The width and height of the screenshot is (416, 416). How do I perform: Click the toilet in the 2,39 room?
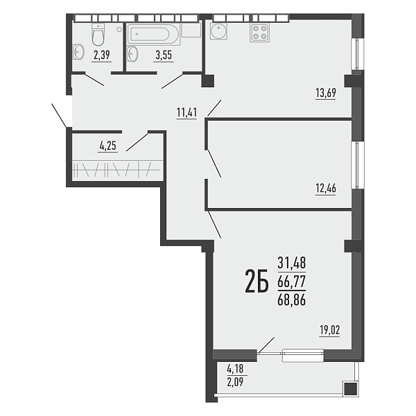pyautogui.click(x=98, y=35)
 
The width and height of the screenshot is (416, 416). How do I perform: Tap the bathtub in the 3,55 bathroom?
pyautogui.click(x=154, y=34)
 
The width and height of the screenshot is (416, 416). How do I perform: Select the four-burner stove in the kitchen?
pyautogui.click(x=259, y=33)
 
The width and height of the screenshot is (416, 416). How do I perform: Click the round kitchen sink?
pyautogui.click(x=218, y=31)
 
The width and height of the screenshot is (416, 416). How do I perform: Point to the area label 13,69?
pyautogui.click(x=326, y=93)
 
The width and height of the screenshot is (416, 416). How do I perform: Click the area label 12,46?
pyautogui.click(x=326, y=189)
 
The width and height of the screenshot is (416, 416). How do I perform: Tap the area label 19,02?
pyautogui.click(x=329, y=331)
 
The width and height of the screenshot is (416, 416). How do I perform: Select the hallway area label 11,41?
pyautogui.click(x=187, y=112)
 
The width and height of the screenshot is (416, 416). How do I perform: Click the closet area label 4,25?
pyautogui.click(x=108, y=146)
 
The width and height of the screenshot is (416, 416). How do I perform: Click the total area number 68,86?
pyautogui.click(x=292, y=300)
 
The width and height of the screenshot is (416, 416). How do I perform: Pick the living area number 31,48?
pyautogui.click(x=292, y=263)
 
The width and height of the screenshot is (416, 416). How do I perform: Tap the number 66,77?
pyautogui.click(x=292, y=281)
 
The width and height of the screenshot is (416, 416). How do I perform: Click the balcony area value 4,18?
pyautogui.click(x=235, y=368)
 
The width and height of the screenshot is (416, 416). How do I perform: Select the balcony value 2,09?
pyautogui.click(x=235, y=382)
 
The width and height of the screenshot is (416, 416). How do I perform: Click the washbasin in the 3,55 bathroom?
pyautogui.click(x=132, y=54)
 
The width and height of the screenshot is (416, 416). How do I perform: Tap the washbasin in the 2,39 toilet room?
pyautogui.click(x=78, y=52)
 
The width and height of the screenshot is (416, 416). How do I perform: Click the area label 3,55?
pyautogui.click(x=164, y=55)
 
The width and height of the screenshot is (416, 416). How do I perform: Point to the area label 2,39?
pyautogui.click(x=102, y=55)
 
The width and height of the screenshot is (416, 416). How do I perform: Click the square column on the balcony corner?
pyautogui.click(x=351, y=389)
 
